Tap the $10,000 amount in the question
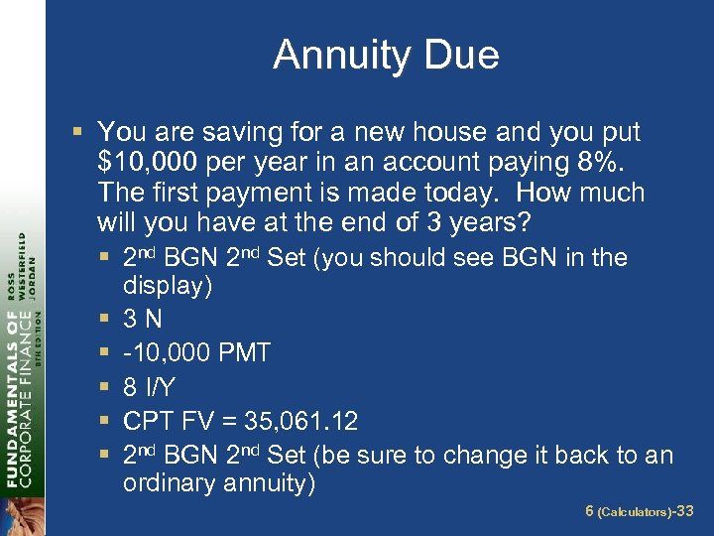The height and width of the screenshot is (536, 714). [x=144, y=163]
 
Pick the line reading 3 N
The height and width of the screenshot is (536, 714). [x=143, y=321]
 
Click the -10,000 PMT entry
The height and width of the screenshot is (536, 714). [x=196, y=353]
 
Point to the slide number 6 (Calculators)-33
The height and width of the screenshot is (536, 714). [x=639, y=511]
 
